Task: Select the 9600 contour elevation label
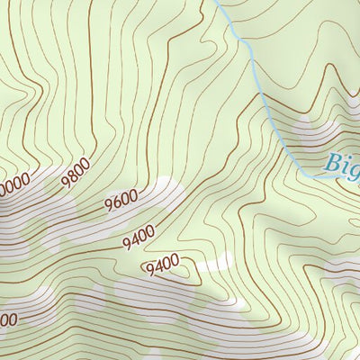[121, 199]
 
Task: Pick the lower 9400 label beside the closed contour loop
[162, 265]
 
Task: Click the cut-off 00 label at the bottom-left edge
[7, 319]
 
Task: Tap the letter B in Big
[333, 165]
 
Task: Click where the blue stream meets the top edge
[216, 2]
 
